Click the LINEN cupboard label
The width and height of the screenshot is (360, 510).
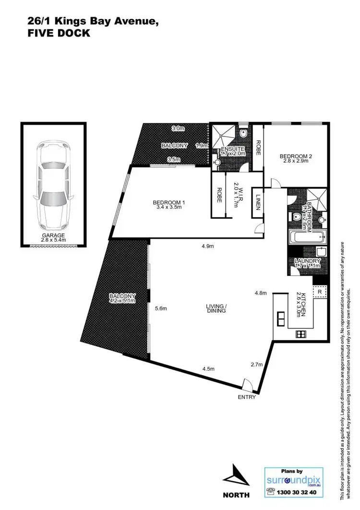pos(258,202)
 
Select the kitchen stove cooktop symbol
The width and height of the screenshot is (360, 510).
pos(301,335)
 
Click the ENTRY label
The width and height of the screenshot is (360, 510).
pos(247,398)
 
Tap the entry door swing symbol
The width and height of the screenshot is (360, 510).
pos(247,384)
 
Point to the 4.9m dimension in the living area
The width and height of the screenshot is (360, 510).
pos(207,246)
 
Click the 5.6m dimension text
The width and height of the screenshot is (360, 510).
pos(160,309)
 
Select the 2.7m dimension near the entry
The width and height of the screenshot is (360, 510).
pos(257,364)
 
